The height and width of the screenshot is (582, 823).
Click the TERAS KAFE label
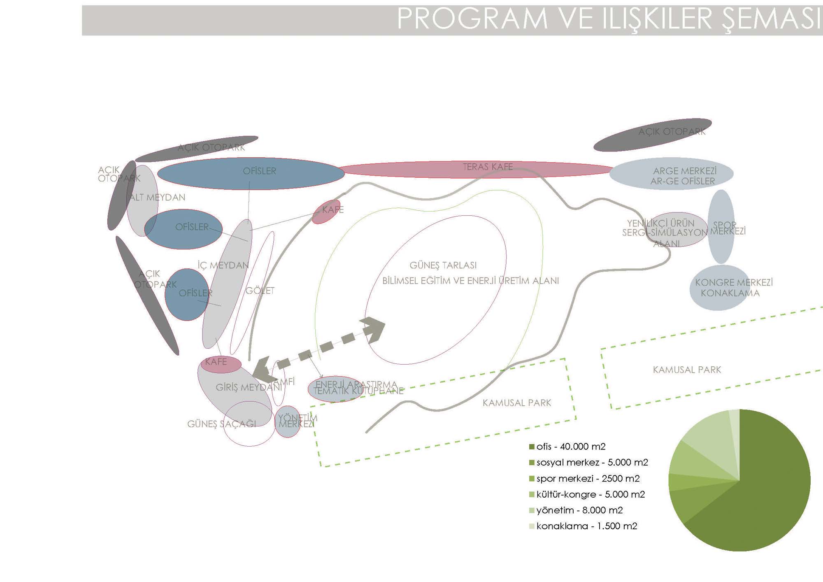tap(488, 167)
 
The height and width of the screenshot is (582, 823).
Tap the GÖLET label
tap(260, 291)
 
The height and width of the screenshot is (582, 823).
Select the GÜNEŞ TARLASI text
tap(443, 265)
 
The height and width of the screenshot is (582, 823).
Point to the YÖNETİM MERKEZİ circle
tap(288, 421)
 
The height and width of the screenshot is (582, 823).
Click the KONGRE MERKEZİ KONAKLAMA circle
tap(719, 288)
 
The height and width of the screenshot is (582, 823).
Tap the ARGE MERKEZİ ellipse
tap(672, 174)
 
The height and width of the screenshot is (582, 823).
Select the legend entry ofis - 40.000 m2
tap(570, 447)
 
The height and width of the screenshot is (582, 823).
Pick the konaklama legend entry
tap(586, 526)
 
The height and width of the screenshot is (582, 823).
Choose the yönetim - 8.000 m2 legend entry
tap(579, 510)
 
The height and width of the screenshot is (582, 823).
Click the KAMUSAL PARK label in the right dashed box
tap(687, 370)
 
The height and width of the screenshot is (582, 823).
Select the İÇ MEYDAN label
tap(223, 265)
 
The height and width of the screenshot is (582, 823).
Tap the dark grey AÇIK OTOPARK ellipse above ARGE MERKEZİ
tap(652, 135)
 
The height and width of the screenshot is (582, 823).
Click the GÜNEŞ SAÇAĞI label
tap(221, 424)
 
